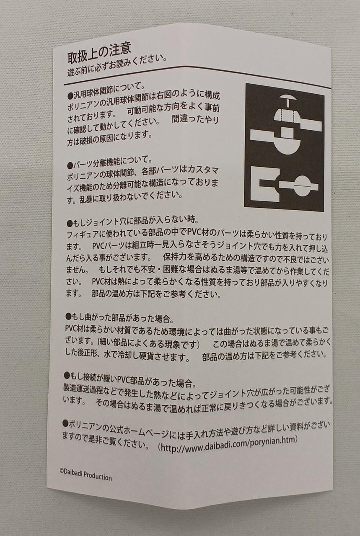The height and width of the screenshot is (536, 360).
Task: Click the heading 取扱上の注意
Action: (x=99, y=53)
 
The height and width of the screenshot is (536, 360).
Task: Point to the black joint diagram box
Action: (x=284, y=147)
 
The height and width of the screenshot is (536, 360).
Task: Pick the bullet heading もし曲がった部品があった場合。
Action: (x=119, y=317)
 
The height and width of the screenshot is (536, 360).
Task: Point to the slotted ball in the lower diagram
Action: (x=303, y=186)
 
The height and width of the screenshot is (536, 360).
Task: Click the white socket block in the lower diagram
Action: (x=265, y=184)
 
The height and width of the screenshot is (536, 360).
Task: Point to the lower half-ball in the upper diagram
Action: (x=287, y=146)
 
